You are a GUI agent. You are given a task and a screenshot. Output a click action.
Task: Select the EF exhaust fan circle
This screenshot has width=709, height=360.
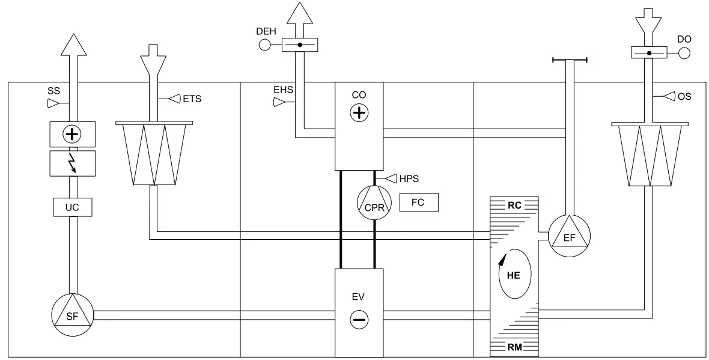coord(569,237)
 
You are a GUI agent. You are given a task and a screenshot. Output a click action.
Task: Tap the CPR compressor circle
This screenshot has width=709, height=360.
coord(374,203)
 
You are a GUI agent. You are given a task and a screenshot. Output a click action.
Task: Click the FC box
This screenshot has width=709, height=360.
coord(419,202)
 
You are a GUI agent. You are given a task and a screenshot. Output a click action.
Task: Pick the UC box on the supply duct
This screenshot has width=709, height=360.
coord(72,207)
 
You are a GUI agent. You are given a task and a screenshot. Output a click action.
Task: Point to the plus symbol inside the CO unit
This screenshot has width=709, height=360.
coord(358,112)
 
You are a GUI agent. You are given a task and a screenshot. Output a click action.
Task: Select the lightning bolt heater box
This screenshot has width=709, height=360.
coord(72,163)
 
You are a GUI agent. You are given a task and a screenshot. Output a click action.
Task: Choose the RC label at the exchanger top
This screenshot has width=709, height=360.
coord(514,204)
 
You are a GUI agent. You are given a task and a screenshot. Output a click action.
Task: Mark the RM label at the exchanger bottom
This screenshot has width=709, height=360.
coord(514,346)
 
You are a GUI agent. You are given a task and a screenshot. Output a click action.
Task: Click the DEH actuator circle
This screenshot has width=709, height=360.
coord(265,44)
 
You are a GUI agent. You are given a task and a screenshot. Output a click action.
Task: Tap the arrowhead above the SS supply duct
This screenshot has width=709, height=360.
coord(72,46)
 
